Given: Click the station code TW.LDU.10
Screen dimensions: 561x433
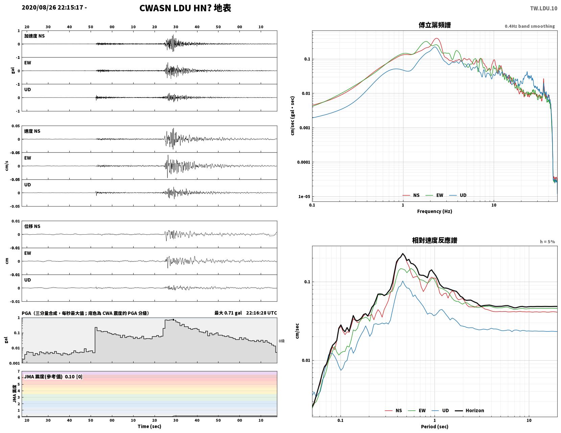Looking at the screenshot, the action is tap(543, 8).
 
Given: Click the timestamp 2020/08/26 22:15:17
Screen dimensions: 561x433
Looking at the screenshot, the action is tap(52, 7).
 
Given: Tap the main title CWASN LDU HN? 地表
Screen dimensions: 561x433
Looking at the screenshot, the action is tap(185, 8).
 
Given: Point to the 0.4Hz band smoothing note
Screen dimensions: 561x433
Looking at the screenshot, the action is tap(530, 26).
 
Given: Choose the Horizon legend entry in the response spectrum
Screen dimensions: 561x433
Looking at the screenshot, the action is tap(469, 410).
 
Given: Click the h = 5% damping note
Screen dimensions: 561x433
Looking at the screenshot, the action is tap(547, 242).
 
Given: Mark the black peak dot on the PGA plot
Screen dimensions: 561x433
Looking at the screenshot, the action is tap(173, 320).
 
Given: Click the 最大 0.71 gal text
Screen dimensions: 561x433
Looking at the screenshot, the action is tap(228, 313).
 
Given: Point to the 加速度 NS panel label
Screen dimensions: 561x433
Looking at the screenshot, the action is tap(34, 36).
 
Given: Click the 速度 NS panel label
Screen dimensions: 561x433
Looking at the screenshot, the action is tap(32, 131).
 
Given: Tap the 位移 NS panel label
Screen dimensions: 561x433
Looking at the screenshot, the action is tap(32, 226).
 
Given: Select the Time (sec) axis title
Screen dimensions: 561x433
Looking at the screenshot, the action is tap(149, 426).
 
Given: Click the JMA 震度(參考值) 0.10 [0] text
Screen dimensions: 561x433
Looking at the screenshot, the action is tap(53, 376).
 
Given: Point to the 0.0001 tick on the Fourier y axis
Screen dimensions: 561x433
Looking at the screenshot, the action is tap(304, 162).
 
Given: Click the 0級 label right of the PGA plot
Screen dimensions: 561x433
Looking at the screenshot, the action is tap(281, 341).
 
